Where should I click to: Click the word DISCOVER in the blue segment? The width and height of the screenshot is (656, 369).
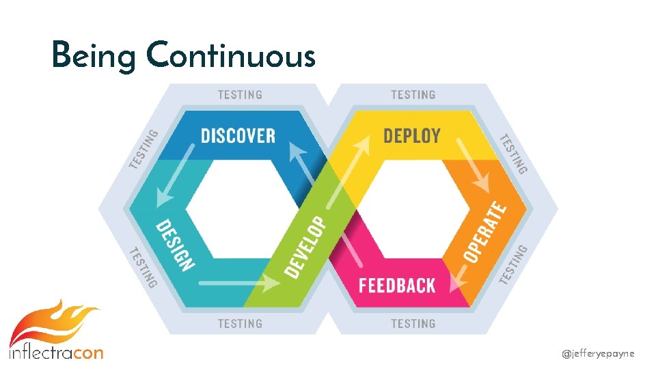[x=238, y=135]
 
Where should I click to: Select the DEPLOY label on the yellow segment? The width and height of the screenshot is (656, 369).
[x=411, y=135]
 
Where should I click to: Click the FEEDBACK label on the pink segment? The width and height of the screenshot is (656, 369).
[x=397, y=285]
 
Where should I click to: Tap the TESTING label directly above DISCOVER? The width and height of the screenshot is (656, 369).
[x=240, y=95]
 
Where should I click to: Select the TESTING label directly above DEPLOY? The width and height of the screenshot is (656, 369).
[x=413, y=95]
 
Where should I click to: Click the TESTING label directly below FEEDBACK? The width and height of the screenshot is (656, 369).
[x=413, y=323]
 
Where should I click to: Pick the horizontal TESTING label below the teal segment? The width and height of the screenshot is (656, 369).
[x=240, y=323]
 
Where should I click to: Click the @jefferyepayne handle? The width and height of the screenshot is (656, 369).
[x=598, y=353]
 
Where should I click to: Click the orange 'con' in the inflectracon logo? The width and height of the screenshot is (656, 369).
[x=87, y=353]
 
